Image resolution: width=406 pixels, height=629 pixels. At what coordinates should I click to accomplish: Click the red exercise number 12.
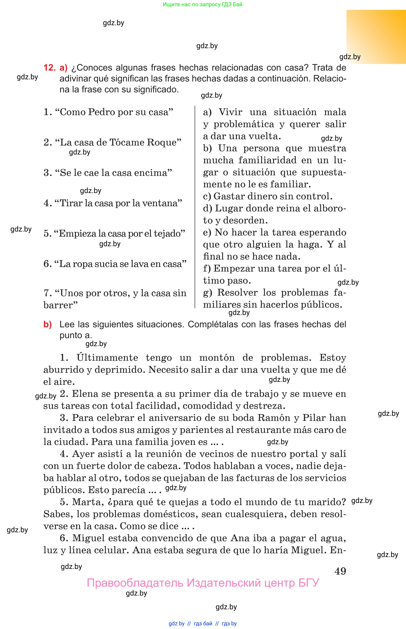coord(49,68)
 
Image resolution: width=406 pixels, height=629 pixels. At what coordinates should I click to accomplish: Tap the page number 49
coord(340,571)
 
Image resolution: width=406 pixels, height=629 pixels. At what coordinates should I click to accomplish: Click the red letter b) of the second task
coord(47,324)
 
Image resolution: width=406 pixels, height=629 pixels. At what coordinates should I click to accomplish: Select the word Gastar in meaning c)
coord(227,196)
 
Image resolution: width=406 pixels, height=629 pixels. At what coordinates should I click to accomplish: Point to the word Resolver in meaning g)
coord(238,292)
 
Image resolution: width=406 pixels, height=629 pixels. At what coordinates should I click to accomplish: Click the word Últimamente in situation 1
coord(107,358)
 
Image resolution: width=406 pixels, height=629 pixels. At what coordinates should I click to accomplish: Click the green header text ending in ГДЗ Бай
coord(203,5)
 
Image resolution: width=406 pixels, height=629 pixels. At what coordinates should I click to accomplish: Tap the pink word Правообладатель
coord(135,583)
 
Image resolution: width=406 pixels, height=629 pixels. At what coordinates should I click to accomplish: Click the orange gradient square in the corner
coord(376,37)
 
